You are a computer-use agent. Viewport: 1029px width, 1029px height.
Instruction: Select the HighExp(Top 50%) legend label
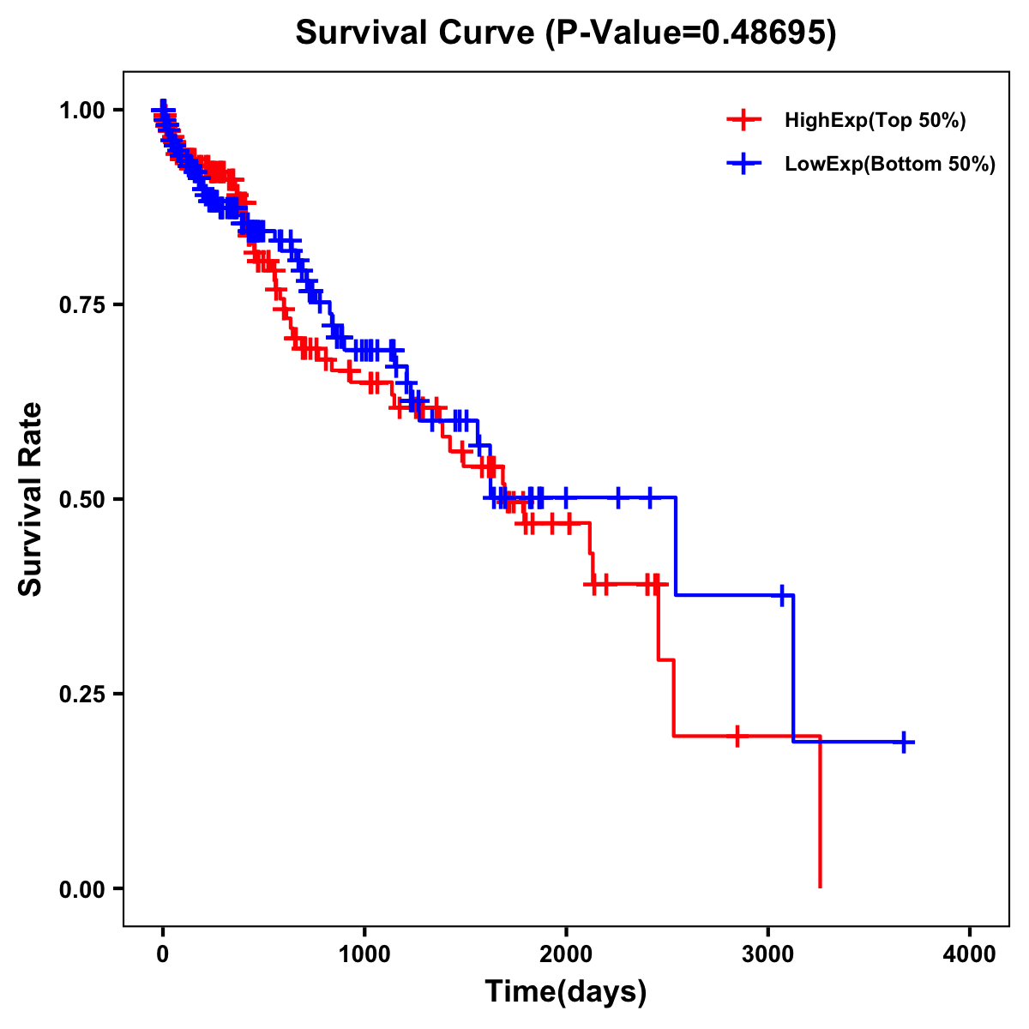[876, 121]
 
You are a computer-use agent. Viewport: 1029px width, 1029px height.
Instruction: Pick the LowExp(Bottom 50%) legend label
[890, 165]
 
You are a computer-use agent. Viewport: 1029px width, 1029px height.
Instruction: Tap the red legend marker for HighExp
[743, 121]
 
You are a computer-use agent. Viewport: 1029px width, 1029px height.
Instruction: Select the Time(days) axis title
[566, 992]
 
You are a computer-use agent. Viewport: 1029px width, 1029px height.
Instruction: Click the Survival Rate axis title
[31, 498]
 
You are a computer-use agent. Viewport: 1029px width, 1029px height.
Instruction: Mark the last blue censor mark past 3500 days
[904, 742]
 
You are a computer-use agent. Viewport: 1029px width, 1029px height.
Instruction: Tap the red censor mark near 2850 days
[737, 736]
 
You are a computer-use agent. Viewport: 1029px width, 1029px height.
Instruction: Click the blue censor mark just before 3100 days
[782, 595]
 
